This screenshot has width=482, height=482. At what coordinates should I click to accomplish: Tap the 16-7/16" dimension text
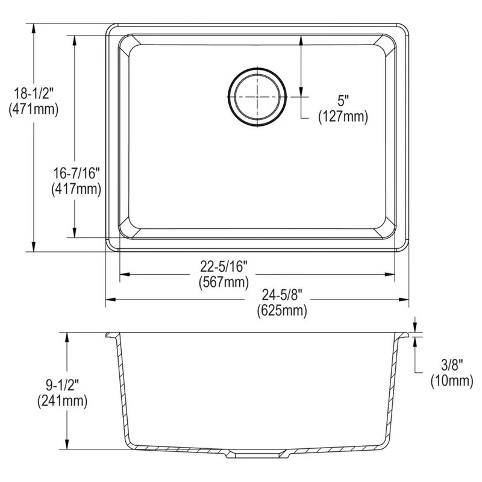(x=76, y=174)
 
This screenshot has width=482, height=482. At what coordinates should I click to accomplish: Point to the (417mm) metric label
(x=76, y=189)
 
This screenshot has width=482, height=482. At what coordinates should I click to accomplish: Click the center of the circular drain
(x=258, y=96)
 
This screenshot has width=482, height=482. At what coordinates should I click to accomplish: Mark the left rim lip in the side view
(x=111, y=336)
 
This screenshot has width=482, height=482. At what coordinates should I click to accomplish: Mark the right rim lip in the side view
(x=404, y=336)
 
